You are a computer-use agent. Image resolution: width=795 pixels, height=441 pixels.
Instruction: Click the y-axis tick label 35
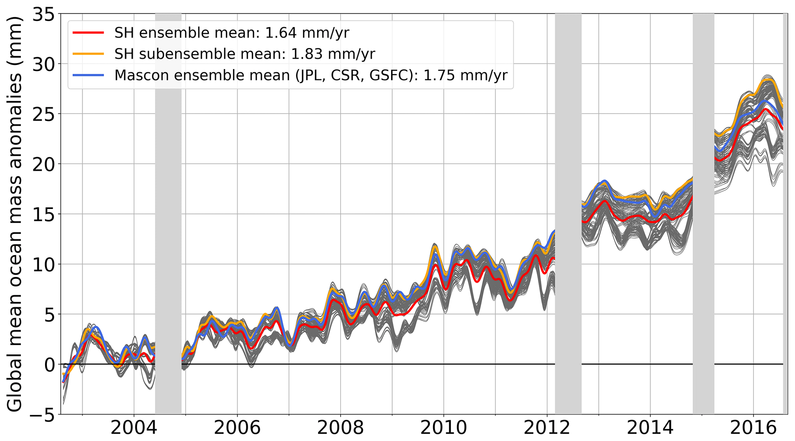click(x=44, y=15)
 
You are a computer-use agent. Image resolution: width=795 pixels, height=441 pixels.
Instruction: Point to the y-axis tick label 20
click(x=44, y=164)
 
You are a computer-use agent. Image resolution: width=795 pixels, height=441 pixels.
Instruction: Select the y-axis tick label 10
click(x=44, y=264)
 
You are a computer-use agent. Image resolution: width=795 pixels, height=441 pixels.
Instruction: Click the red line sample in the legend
click(x=88, y=33)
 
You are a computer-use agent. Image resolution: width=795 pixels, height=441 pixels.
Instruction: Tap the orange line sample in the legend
click(x=88, y=54)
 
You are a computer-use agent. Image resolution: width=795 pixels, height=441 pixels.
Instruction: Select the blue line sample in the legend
click(x=88, y=75)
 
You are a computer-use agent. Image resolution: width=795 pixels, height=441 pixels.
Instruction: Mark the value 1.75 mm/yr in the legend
click(x=465, y=75)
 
